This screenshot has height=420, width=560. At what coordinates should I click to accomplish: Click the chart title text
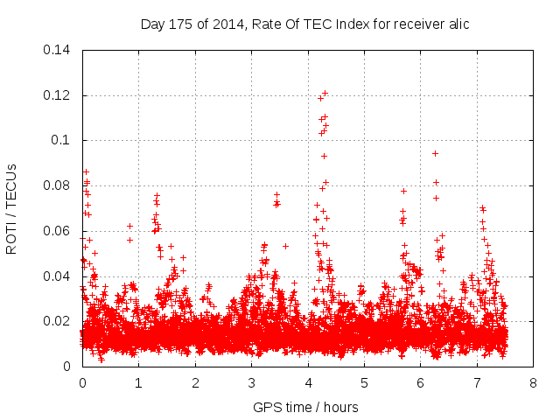click(305, 24)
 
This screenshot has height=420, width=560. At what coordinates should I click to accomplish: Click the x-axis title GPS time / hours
click(305, 407)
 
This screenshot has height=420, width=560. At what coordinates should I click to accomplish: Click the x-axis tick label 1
click(138, 382)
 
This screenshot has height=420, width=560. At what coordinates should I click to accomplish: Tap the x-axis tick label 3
click(251, 382)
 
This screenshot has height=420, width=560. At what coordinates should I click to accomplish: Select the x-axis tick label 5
click(364, 382)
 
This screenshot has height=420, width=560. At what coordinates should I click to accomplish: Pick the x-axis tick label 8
click(533, 382)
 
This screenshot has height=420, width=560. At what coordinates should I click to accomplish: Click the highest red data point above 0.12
click(325, 93)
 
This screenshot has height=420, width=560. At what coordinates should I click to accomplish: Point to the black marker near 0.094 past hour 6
click(435, 153)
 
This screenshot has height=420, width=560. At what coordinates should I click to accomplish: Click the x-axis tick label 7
click(477, 382)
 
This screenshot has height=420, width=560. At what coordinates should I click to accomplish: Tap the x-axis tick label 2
click(195, 382)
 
